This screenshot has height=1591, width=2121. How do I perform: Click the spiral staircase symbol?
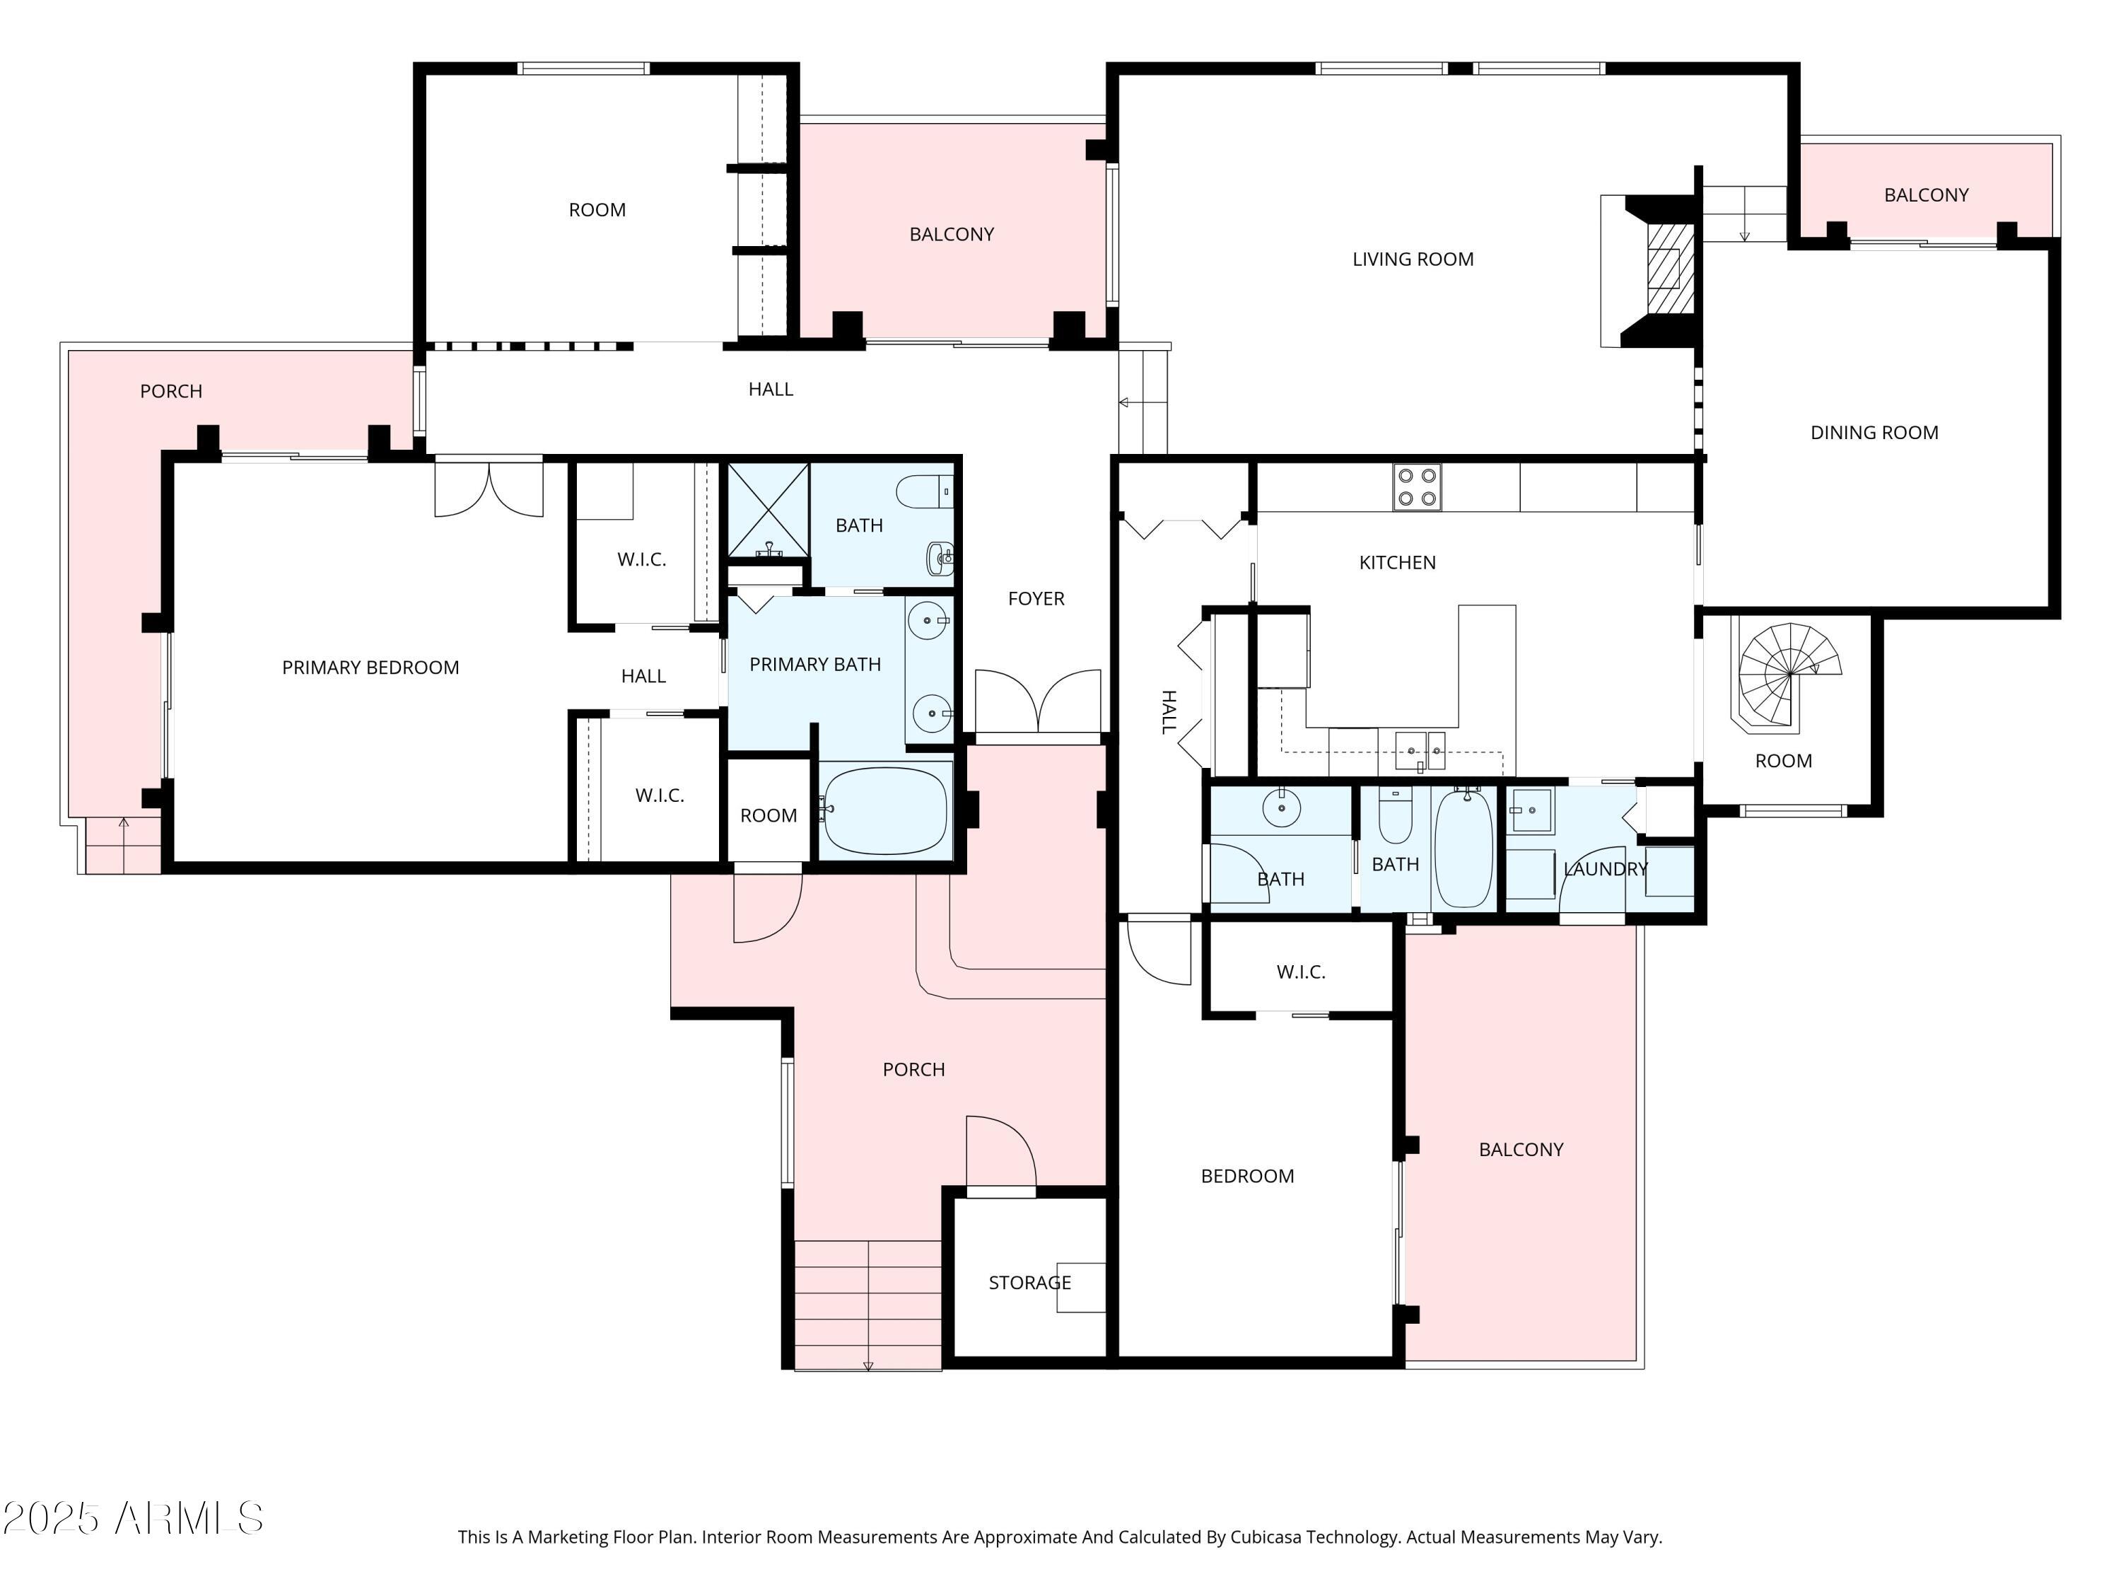click(x=1789, y=674)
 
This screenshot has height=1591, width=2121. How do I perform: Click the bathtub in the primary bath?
click(x=885, y=811)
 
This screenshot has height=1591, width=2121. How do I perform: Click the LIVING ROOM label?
click(x=1413, y=259)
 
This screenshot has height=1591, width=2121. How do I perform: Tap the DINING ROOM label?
click(x=1874, y=433)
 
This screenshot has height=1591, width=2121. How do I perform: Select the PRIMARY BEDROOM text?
click(x=370, y=668)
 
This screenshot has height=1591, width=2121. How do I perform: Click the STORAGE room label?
click(x=1029, y=1282)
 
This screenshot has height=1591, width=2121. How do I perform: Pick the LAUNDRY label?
click(x=1604, y=869)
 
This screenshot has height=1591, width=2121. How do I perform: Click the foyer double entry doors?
click(x=1037, y=702)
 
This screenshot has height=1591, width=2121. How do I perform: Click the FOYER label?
click(x=1036, y=598)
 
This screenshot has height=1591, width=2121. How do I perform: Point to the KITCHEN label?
click(x=1397, y=563)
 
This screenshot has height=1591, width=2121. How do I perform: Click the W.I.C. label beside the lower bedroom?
click(x=1300, y=972)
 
